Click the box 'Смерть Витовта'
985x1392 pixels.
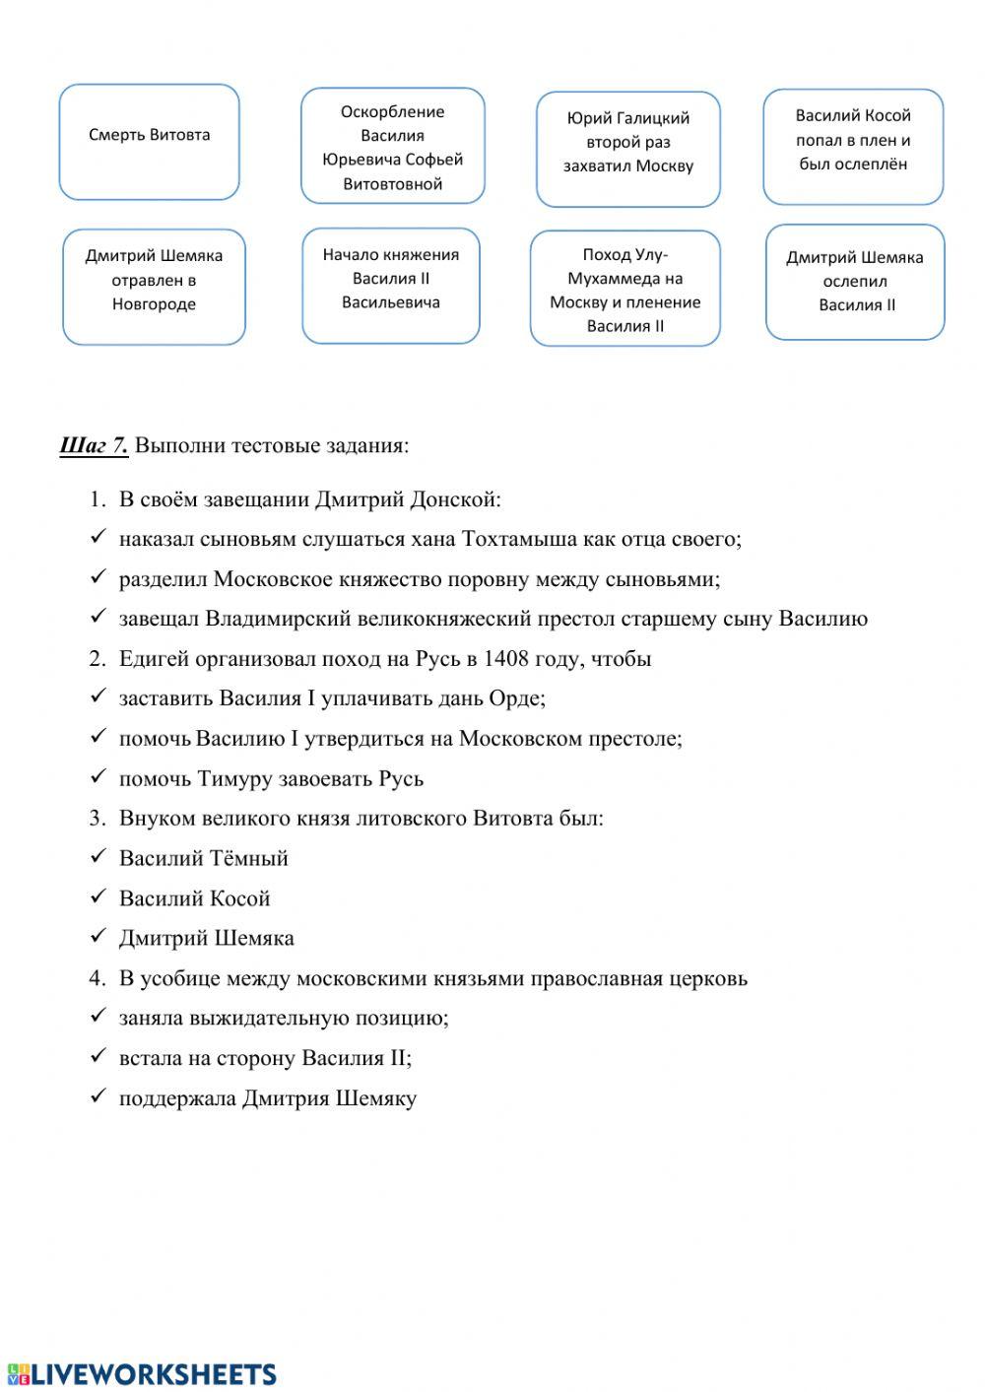pos(150,142)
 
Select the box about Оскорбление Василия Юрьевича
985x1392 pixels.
pos(392,147)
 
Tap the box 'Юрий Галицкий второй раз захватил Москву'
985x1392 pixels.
pos(628,149)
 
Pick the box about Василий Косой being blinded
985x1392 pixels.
pos(853,146)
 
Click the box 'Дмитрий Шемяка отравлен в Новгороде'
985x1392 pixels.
pos(154,287)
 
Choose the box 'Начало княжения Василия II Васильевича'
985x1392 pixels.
pos(391,285)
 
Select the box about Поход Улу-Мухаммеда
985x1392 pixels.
pos(625,289)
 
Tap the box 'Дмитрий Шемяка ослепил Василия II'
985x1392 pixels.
pos(855,282)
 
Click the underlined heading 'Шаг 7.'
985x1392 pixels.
pos(94,445)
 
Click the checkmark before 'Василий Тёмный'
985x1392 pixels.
pos(98,856)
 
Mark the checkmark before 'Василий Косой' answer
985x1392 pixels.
pos(98,896)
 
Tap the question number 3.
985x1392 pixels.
pos(96,818)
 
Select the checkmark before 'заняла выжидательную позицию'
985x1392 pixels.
pos(98,1016)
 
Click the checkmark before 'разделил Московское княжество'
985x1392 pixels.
pos(98,577)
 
